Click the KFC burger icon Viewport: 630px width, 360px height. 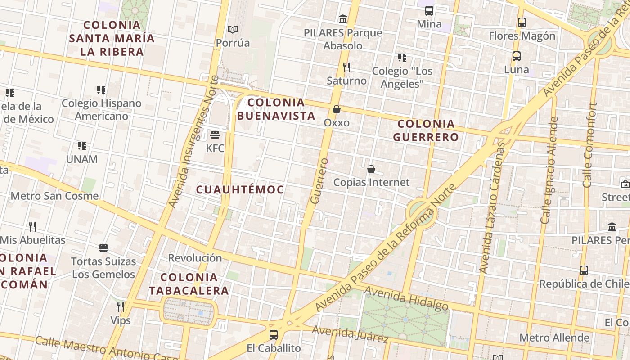pyautogui.click(x=215, y=135)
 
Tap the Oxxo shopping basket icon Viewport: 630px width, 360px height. pyautogui.click(x=336, y=109)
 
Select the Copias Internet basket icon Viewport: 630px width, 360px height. pyautogui.click(x=371, y=169)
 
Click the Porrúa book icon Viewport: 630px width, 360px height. pyautogui.click(x=232, y=30)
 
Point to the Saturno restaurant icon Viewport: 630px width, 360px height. pyautogui.click(x=346, y=67)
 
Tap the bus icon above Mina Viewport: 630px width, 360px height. pyautogui.click(x=429, y=10)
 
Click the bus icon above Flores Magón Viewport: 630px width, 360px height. pyautogui.click(x=522, y=22)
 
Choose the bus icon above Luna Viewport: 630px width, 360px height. pyautogui.click(x=516, y=56)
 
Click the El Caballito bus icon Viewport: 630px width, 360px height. pyautogui.click(x=273, y=335)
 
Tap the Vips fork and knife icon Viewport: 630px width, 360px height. pyautogui.click(x=120, y=307)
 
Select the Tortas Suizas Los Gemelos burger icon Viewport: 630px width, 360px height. pyautogui.click(x=103, y=248)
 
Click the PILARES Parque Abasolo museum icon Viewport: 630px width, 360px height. pyautogui.click(x=343, y=19)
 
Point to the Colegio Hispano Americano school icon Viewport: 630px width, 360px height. pyautogui.click(x=101, y=90)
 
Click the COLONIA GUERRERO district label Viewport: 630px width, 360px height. pyautogui.click(x=426, y=130)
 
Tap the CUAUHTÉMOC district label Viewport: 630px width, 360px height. pyautogui.click(x=240, y=189)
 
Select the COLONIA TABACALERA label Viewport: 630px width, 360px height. pyautogui.click(x=189, y=284)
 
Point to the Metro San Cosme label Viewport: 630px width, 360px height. pyautogui.click(x=54, y=196)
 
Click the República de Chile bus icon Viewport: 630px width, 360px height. pyautogui.click(x=584, y=270)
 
